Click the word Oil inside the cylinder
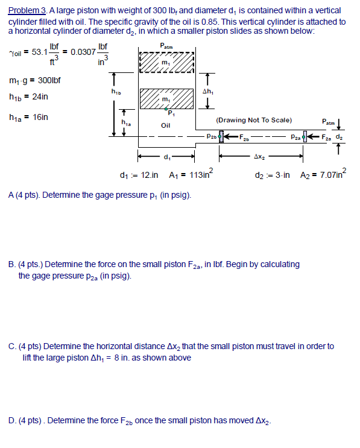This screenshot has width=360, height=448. coord(166,125)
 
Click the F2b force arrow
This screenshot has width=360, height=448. coord(235,137)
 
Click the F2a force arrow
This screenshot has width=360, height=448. coord(319,137)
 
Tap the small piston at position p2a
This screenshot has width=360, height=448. coord(307,137)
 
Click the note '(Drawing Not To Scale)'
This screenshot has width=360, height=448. coord(254,119)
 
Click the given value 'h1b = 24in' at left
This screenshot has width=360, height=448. coord(29,96)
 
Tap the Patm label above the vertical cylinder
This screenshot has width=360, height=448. coord(165,45)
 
